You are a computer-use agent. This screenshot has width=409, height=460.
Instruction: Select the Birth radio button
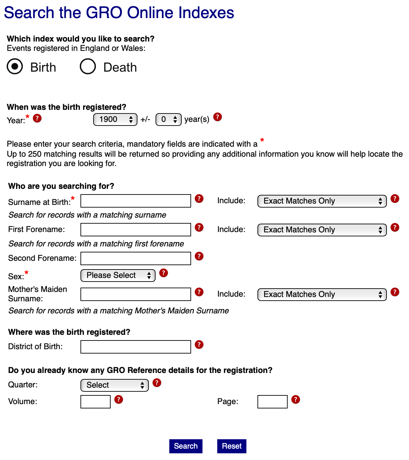(x=15, y=66)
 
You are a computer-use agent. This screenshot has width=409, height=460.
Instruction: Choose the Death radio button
(x=88, y=66)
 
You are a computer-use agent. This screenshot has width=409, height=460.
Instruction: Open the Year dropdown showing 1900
(x=115, y=120)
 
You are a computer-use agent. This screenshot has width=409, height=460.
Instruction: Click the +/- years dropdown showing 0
(x=168, y=120)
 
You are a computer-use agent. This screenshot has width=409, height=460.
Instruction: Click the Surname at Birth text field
(x=136, y=201)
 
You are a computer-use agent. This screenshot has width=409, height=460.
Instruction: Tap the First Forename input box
(x=136, y=230)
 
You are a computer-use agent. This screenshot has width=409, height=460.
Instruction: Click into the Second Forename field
(x=136, y=258)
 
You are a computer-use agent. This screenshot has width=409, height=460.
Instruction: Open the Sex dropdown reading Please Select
(x=118, y=276)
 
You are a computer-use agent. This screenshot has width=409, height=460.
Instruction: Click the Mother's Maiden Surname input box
(x=136, y=294)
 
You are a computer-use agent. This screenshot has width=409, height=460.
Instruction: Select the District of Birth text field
(x=136, y=347)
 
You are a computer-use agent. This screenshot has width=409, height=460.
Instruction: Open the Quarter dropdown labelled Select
(x=115, y=385)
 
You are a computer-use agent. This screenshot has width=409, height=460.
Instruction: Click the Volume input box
(x=96, y=402)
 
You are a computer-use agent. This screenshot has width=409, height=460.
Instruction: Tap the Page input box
(x=272, y=402)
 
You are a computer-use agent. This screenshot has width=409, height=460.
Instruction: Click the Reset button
(x=232, y=446)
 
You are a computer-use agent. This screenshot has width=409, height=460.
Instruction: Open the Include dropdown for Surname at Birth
(x=322, y=201)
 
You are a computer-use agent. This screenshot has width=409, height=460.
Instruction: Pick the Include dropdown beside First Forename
(x=322, y=230)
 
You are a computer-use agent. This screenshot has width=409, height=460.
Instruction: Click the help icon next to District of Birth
(x=199, y=344)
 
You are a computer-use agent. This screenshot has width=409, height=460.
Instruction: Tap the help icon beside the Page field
(x=295, y=399)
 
